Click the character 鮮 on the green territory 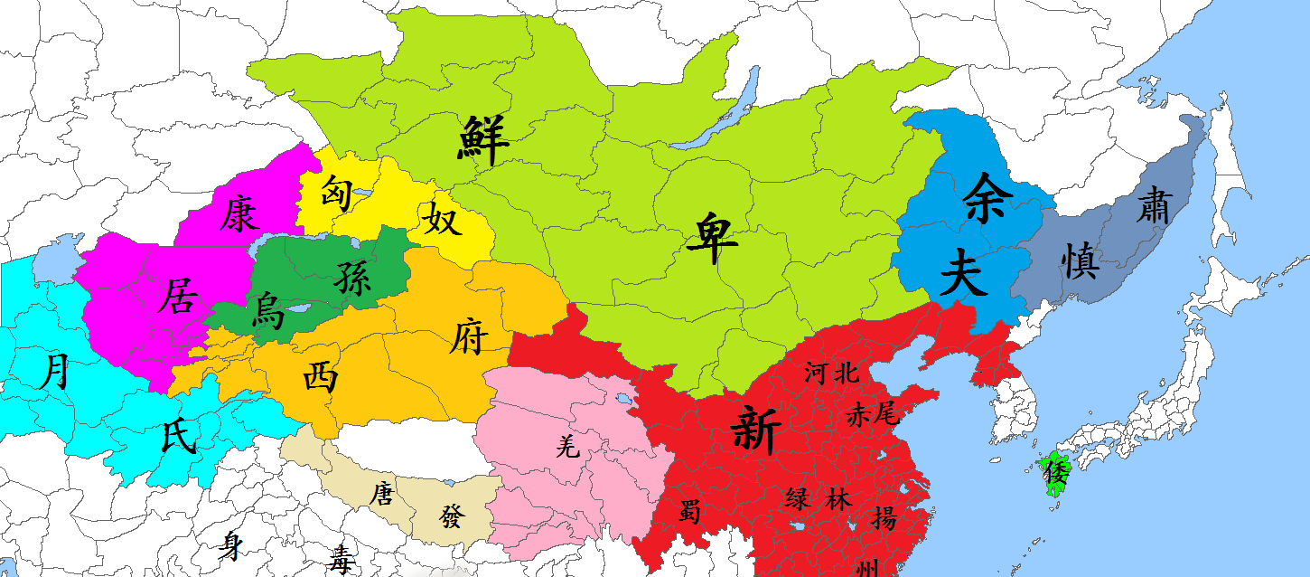483,140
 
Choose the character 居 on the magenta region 176,296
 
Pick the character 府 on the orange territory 468,338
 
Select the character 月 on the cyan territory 56,371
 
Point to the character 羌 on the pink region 567,446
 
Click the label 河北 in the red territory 829,372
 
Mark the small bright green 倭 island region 1054,474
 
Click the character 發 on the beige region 452,517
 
